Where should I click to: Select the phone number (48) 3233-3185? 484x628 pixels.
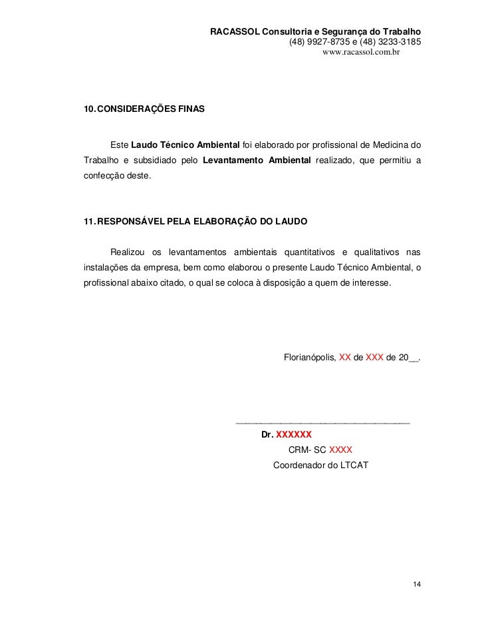(390, 42)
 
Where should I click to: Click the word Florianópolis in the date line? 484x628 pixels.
(310, 357)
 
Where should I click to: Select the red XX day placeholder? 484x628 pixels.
(345, 357)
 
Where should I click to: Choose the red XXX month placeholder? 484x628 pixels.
(374, 357)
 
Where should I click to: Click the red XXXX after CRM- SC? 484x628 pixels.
(340, 449)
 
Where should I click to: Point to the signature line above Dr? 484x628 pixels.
(323, 423)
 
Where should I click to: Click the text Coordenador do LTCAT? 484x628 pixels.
(316, 464)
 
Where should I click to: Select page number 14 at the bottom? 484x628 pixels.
(416, 584)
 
